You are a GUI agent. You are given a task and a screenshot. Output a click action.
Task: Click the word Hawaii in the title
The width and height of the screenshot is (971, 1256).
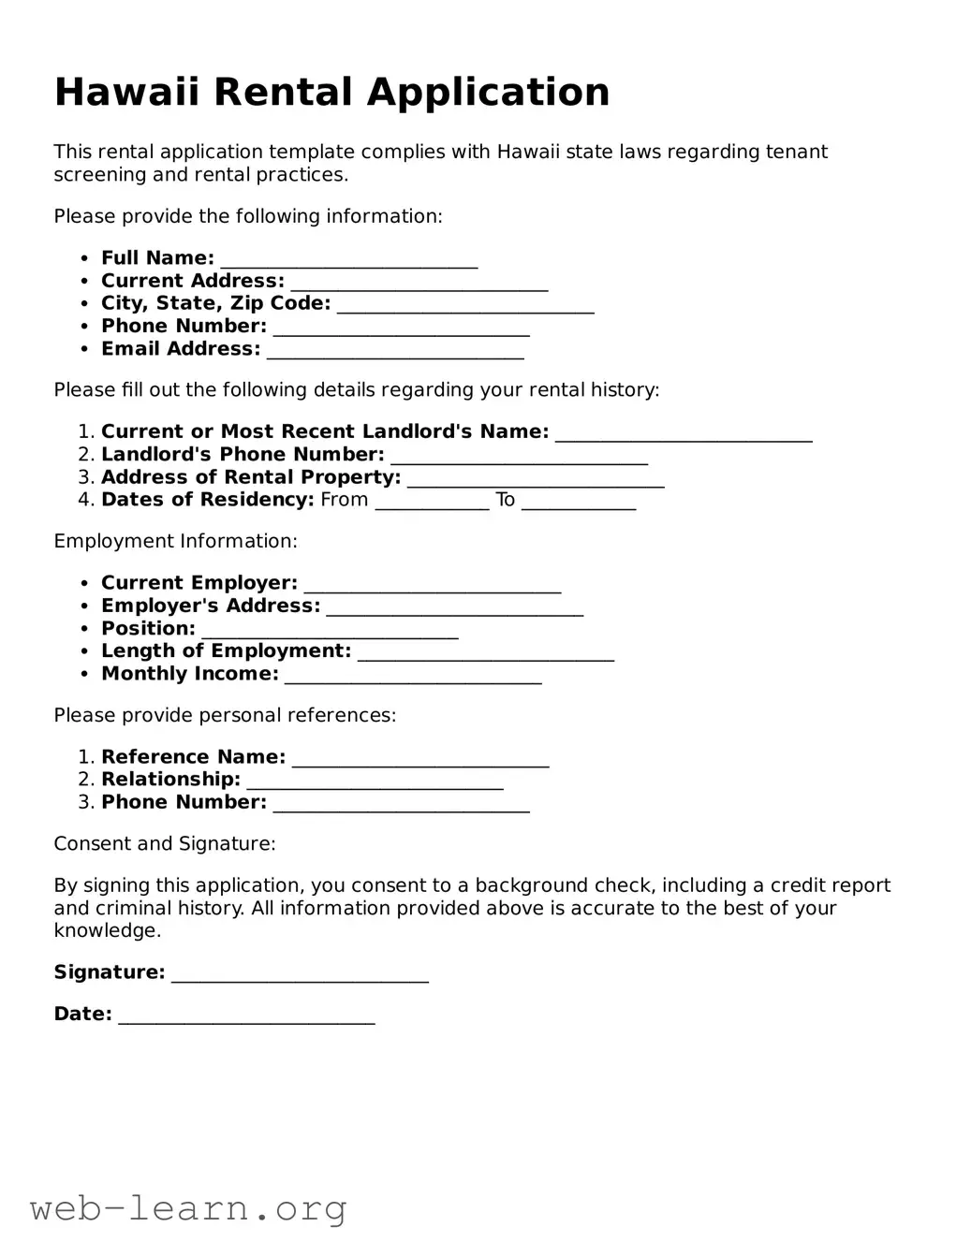127,92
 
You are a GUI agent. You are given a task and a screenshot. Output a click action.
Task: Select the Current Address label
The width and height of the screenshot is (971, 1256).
192,281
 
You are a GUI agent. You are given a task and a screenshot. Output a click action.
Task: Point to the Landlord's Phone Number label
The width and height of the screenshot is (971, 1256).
243,455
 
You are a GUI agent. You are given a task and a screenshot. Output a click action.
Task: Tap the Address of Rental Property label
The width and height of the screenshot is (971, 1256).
251,477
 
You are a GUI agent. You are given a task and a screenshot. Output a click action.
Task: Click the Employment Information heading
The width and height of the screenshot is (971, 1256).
175,541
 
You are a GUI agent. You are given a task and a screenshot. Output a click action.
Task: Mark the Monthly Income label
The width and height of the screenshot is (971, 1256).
189,674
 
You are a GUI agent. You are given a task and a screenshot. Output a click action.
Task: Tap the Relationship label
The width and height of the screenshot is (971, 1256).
170,780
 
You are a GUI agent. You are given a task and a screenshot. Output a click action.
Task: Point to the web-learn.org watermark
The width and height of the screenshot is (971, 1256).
188,1208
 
